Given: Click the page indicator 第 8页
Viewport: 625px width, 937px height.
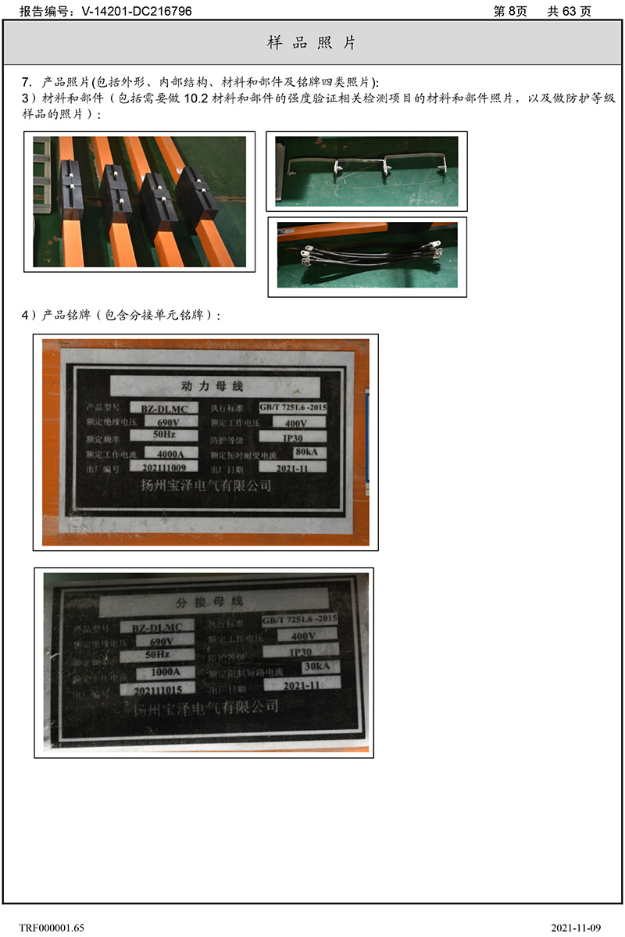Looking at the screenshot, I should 511,11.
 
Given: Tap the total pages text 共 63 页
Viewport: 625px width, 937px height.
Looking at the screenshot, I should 569,11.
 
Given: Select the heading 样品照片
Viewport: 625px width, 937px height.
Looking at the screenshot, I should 312,43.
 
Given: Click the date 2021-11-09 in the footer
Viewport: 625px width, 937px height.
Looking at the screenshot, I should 576,928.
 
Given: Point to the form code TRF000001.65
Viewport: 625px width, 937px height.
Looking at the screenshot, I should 52,928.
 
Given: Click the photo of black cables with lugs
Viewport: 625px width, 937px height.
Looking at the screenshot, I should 367,256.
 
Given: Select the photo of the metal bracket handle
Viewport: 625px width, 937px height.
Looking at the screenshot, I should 366,171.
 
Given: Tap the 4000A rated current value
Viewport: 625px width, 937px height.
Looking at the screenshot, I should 169,452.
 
